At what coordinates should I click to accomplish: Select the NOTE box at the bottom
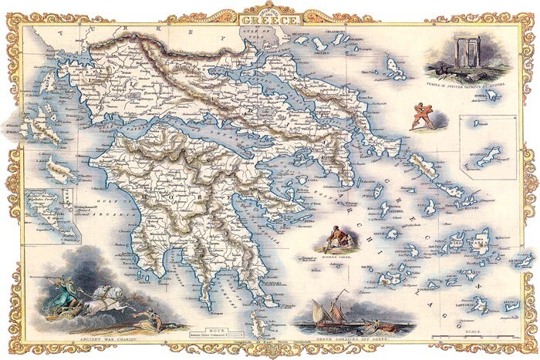click(x=211, y=335)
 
